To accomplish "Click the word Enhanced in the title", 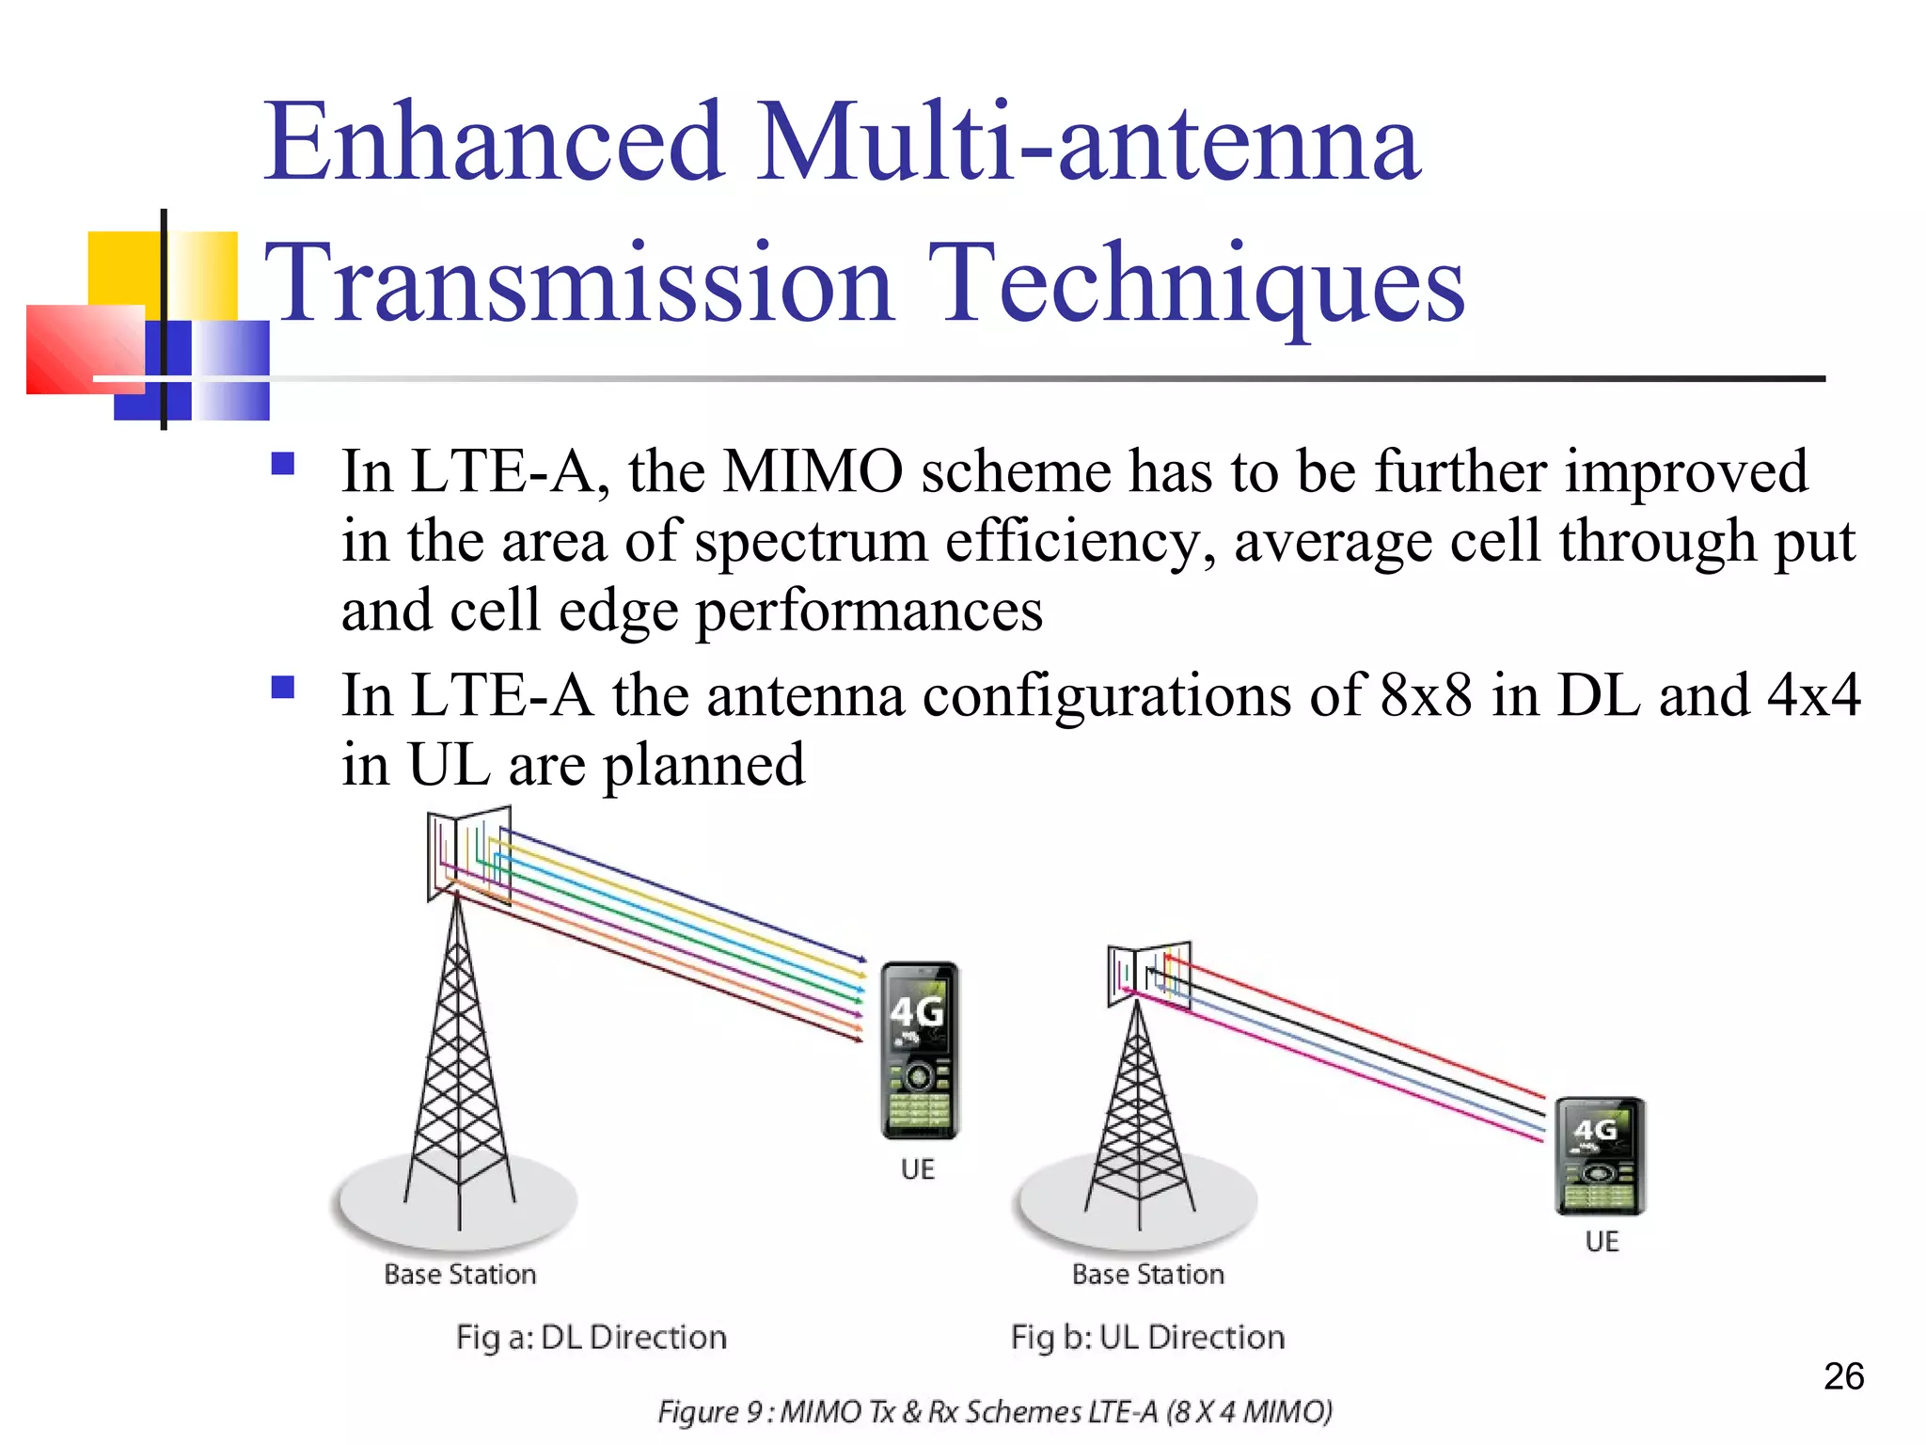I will [494, 143].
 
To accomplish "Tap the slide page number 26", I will [1843, 1376].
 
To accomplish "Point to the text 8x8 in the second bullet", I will [1426, 695].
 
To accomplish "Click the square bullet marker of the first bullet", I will [282, 464].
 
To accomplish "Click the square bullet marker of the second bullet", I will [282, 688].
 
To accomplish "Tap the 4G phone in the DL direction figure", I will [919, 1050].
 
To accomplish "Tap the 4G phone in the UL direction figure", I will [1600, 1156].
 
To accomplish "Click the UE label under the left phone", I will [917, 1169].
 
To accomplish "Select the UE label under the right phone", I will [1602, 1242].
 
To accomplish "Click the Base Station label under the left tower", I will [460, 1275].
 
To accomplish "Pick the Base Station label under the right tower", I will [1148, 1275].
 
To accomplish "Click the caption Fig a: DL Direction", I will [592, 1337].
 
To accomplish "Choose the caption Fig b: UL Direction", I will [1147, 1337].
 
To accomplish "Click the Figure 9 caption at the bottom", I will [995, 1412].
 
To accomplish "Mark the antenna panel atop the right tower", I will [1148, 975].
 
